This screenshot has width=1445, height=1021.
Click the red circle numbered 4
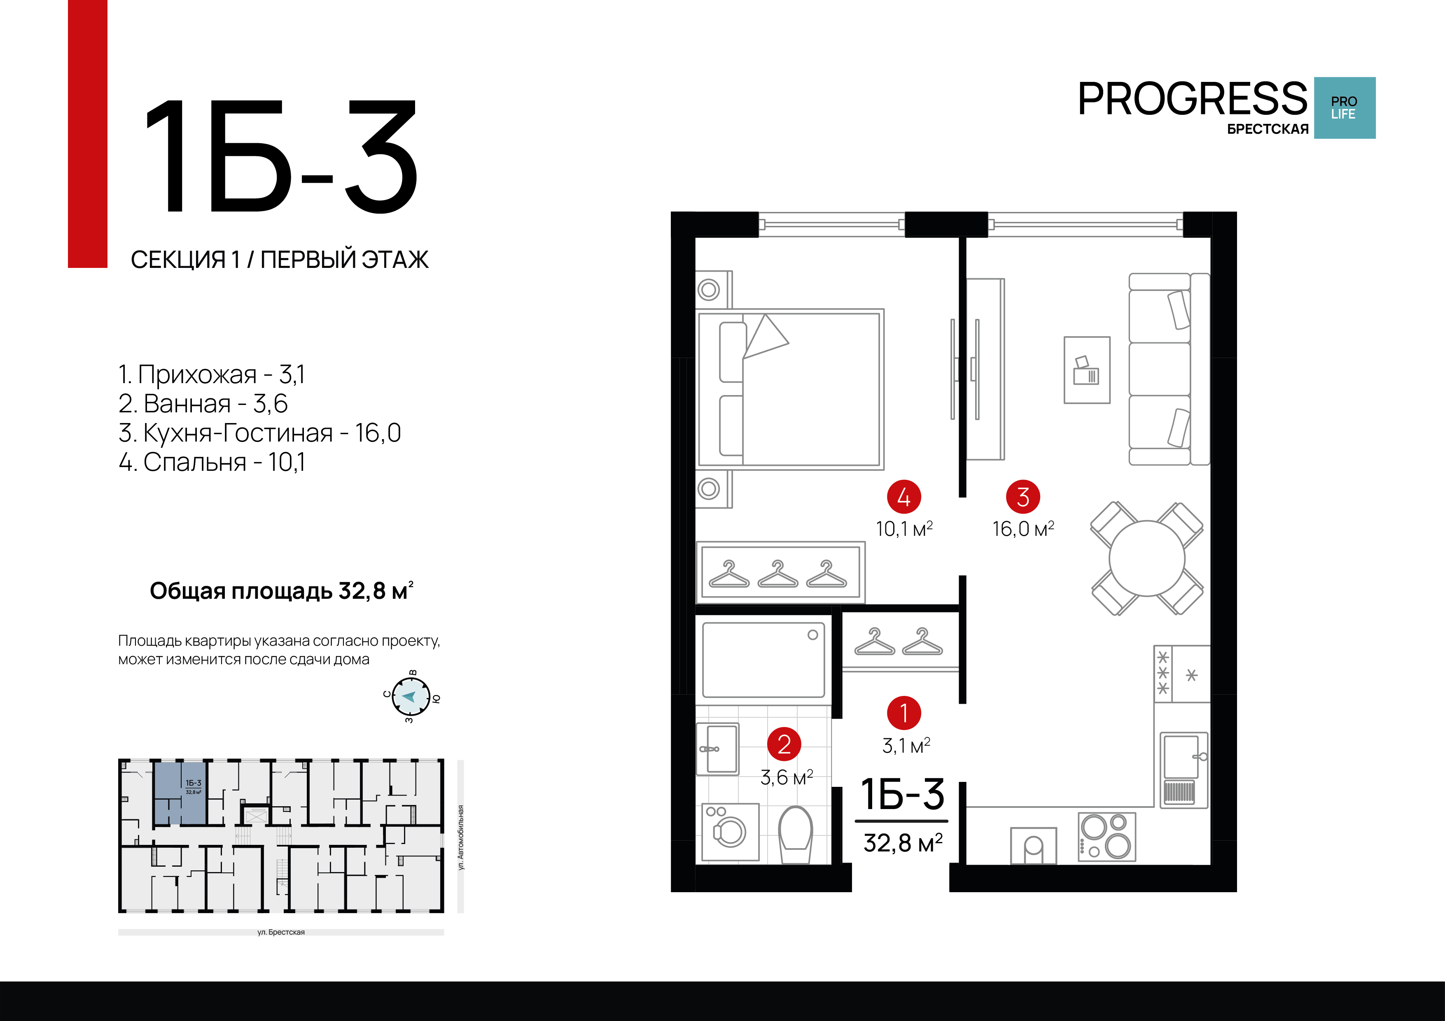904,497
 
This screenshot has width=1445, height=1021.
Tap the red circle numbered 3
1023,497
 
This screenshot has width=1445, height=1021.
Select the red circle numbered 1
904,713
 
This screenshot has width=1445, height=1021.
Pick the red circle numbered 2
784,744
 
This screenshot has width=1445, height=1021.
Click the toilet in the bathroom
796,835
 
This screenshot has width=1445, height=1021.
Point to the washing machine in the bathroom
730,832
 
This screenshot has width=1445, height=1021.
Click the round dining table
1147,558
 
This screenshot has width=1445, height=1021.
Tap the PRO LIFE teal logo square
1344,107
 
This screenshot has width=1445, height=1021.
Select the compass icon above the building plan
411,696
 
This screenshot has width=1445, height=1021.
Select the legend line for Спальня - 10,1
212,462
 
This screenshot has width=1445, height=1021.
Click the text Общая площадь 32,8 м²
281,591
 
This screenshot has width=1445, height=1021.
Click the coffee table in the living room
1087,370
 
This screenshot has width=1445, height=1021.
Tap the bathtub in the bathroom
763,660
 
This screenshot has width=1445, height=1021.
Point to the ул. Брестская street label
281,932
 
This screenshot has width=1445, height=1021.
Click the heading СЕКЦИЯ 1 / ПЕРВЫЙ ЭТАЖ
280,259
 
